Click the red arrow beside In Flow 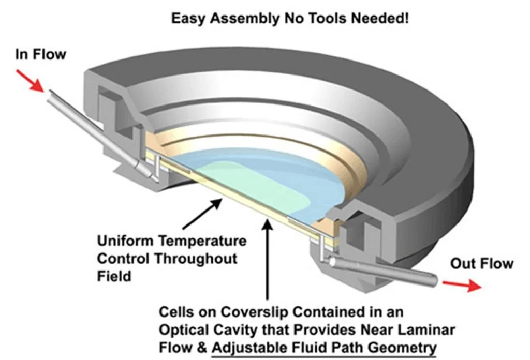tap(33, 81)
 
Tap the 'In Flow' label tap(40, 54)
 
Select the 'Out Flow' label tap(481, 264)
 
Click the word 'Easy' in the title tap(189, 19)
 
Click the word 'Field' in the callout tap(114, 276)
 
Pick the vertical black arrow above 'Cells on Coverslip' tap(267, 259)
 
